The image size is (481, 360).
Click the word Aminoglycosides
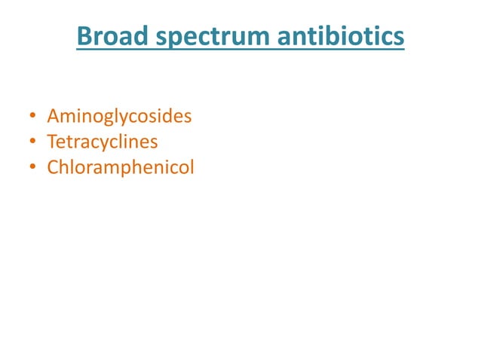pos(119,117)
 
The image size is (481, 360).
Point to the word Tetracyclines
pos(103,142)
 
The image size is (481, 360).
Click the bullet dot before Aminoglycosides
pos(32,117)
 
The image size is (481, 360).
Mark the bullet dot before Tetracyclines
pos(32,142)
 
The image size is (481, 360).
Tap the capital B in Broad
pos(84,36)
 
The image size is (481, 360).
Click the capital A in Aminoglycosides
pos(53,117)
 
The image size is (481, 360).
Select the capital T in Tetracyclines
pos(52,142)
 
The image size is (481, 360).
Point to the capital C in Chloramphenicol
pos(53,167)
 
